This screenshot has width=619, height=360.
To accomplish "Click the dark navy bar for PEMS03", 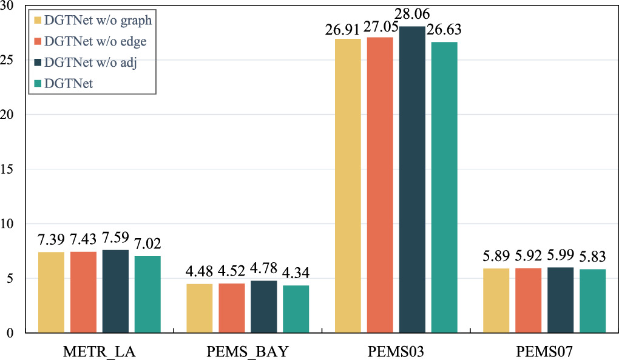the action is [x=412, y=180].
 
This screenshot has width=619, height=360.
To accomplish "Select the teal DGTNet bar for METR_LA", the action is [x=147, y=294].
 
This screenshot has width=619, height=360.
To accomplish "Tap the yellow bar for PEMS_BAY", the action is [x=200, y=308].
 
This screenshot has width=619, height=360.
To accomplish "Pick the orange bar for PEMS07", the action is [x=528, y=301].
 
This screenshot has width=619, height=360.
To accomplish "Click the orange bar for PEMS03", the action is [x=380, y=185].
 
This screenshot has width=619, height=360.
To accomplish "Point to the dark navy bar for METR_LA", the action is [x=115, y=291].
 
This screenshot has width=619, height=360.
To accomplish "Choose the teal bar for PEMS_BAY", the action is [x=296, y=309].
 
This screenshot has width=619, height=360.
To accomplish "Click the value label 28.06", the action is [x=412, y=14].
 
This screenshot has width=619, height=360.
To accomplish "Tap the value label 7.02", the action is [x=147, y=243].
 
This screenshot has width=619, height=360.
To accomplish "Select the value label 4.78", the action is [x=264, y=268].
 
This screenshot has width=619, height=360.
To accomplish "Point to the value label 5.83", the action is [x=592, y=257].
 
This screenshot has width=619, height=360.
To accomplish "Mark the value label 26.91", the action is [x=342, y=30].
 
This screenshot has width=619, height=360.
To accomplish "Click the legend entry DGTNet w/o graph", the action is [x=93, y=20].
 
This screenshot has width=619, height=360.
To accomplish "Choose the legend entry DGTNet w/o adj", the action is [x=86, y=63].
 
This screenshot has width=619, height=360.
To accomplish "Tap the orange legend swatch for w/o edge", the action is [x=38, y=41].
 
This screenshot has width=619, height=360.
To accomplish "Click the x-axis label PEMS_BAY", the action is [x=248, y=352].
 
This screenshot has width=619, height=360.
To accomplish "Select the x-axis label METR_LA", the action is [x=99, y=352].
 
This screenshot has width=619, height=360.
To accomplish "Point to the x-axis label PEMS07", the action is [x=544, y=352].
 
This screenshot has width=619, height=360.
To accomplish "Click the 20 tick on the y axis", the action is [x=7, y=115].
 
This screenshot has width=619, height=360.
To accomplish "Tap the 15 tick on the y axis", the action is [x=7, y=169].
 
